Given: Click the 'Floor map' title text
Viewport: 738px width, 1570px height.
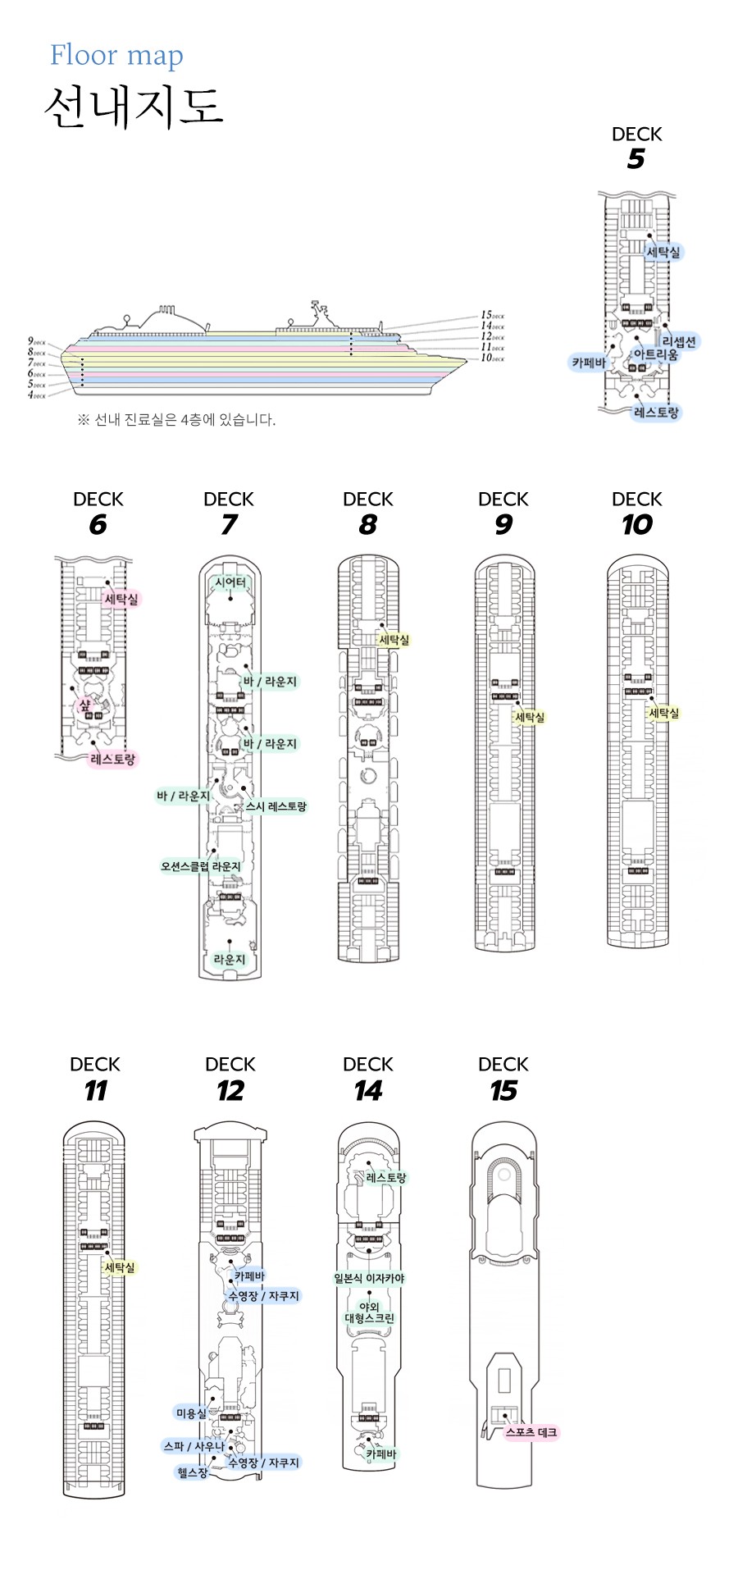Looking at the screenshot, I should pos(116,56).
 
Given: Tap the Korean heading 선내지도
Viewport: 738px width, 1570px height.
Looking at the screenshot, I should pos(134,107).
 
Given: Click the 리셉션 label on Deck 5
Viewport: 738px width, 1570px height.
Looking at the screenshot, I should pos(678,341).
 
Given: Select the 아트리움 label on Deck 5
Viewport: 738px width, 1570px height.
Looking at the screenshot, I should pos(655,354).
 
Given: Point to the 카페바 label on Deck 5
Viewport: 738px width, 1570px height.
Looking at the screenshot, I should pos(589,362).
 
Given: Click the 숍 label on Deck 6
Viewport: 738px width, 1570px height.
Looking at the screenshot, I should pos(84,705).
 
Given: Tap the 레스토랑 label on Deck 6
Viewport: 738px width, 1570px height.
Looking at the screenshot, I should pos(113,759).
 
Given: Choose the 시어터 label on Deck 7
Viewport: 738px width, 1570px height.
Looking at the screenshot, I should pos(230,582).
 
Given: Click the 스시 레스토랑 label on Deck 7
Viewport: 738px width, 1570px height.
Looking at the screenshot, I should pos(276,806).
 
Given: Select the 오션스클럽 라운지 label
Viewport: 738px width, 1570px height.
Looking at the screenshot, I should pos(201,866).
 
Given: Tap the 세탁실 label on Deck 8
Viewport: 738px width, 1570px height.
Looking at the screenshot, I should pos(394,640).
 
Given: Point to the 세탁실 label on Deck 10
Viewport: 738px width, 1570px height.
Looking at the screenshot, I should pos(664,713).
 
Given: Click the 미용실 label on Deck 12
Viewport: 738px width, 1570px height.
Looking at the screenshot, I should pos(192,1413).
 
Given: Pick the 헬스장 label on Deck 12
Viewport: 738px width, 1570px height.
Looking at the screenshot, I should pos(193,1472).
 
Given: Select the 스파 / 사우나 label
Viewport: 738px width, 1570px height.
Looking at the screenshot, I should pos(194,1446).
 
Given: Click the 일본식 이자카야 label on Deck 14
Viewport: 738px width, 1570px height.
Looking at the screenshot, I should pos(369,1278).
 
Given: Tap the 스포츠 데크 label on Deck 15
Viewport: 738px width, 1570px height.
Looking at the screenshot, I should pos(531,1432).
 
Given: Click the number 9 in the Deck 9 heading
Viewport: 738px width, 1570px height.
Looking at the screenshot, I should pos(503,525).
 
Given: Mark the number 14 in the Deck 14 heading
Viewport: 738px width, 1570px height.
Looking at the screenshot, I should pos(368,1091).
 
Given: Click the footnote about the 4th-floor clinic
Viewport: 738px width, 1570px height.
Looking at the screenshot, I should pos(176,420).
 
